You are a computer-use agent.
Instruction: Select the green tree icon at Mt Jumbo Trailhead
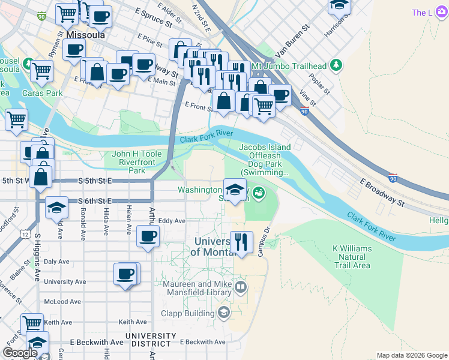point(336,65)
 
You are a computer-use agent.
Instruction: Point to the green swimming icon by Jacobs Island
point(259,193)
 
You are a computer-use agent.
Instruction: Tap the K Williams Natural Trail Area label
point(352,257)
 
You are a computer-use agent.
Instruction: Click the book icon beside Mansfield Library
point(241,287)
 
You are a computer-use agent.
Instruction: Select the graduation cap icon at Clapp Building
point(223,313)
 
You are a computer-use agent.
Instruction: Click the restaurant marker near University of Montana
point(241,242)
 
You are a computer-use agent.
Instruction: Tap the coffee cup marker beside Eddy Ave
point(148,236)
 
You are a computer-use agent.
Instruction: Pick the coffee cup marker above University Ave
point(125,274)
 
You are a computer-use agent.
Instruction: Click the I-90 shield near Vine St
point(304,111)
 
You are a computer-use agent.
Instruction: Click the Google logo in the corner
point(20,353)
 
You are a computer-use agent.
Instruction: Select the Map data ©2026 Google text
point(411,355)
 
